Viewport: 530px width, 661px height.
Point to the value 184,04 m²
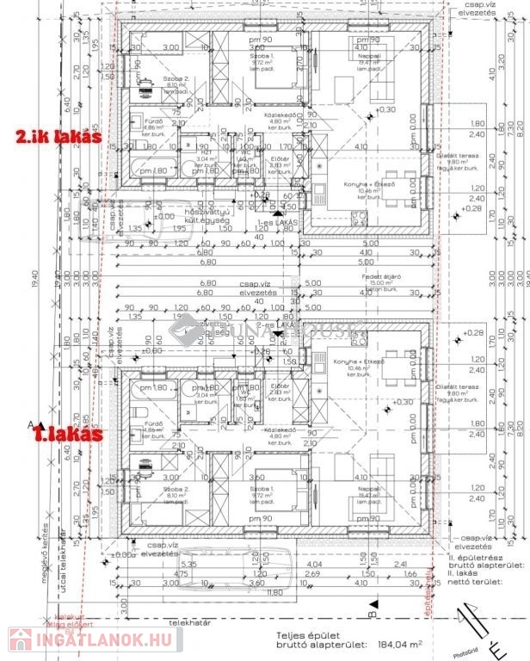403,643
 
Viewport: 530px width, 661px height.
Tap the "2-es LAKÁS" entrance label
277,324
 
